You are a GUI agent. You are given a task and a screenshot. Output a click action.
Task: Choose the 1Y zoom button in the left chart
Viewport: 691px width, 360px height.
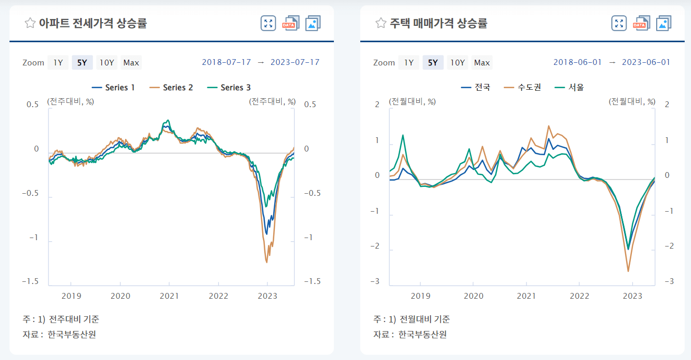click(58, 63)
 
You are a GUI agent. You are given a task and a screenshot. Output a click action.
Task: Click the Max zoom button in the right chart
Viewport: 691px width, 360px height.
click(482, 63)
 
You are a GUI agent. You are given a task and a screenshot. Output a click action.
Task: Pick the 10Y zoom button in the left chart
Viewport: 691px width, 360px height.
click(107, 63)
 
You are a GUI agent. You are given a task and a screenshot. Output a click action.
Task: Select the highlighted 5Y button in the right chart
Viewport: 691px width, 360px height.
click(433, 63)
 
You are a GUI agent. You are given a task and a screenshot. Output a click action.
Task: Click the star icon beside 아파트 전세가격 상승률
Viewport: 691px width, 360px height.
click(30, 23)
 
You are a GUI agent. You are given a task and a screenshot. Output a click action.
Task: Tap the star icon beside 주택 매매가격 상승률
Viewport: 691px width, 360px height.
click(381, 23)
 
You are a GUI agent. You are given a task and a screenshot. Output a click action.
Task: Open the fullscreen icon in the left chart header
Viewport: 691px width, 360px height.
click(268, 23)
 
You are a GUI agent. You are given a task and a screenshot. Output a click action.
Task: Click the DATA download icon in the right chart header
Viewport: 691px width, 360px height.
click(641, 23)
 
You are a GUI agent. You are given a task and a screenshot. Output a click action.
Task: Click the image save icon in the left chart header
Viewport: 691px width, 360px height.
click(313, 23)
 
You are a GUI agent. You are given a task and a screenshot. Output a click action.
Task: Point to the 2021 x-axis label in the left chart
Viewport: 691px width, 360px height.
click(169, 296)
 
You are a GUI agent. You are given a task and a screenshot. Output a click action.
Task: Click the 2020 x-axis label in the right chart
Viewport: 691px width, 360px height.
click(473, 296)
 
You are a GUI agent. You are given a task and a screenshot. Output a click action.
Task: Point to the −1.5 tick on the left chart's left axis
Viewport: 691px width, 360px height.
click(30, 281)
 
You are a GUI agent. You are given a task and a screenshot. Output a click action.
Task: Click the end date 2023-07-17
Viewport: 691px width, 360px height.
click(295, 62)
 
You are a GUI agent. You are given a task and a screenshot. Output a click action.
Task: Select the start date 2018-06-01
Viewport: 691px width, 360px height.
click(577, 62)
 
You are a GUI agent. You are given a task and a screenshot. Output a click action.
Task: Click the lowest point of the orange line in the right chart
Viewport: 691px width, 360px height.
click(628, 271)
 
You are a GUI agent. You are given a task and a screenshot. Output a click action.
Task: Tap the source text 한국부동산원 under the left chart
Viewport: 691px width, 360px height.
click(72, 334)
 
